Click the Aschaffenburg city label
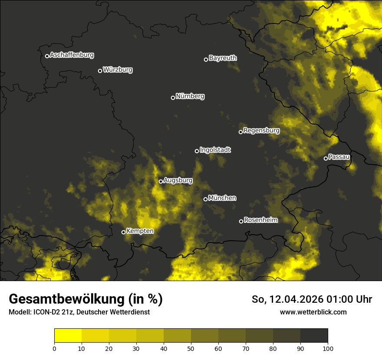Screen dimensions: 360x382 click(x=72, y=55)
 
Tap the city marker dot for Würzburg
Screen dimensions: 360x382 click(x=100, y=71)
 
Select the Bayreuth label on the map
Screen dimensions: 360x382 click(x=223, y=58)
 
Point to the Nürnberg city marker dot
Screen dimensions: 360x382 click(x=173, y=98)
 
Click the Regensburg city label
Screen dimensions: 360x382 click(x=261, y=131)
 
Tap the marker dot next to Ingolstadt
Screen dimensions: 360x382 click(x=197, y=151)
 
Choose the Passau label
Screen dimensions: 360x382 click(x=339, y=157)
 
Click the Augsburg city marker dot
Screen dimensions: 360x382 click(x=161, y=181)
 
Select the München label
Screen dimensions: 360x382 click(x=222, y=198)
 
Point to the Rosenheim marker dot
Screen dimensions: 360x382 click(x=241, y=221)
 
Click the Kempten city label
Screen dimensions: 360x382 click(x=140, y=231)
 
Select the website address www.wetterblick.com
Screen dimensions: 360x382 click(x=313, y=312)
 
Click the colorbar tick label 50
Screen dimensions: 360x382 click(x=191, y=348)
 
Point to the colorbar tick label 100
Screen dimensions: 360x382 click(x=328, y=348)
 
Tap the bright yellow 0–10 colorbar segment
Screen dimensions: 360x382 click(x=68, y=335)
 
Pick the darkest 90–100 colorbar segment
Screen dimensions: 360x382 click(x=314, y=335)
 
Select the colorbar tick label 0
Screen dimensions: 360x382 click(x=54, y=348)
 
